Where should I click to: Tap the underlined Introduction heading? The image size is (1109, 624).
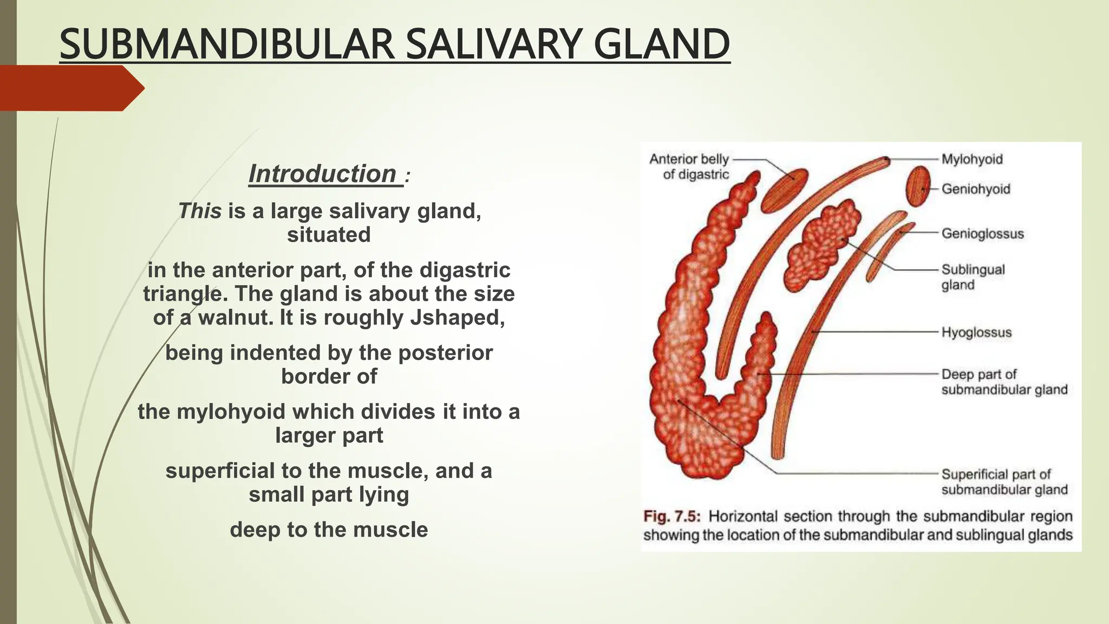point(323,174)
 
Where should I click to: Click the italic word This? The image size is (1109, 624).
point(200,211)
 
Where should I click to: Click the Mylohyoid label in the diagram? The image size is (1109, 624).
point(972,159)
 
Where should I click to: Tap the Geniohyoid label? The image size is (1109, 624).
point(976,189)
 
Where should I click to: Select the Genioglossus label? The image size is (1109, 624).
point(983,234)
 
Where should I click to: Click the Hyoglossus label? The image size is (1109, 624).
point(976,332)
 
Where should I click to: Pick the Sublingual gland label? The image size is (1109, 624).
point(973,277)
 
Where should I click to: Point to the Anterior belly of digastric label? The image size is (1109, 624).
point(690,167)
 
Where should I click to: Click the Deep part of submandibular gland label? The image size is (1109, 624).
point(1004,382)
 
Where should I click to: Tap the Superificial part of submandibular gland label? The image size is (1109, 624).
point(1004,482)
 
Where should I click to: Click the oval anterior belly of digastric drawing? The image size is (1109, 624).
point(784,190)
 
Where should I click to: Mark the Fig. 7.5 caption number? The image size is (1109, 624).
point(671,516)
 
